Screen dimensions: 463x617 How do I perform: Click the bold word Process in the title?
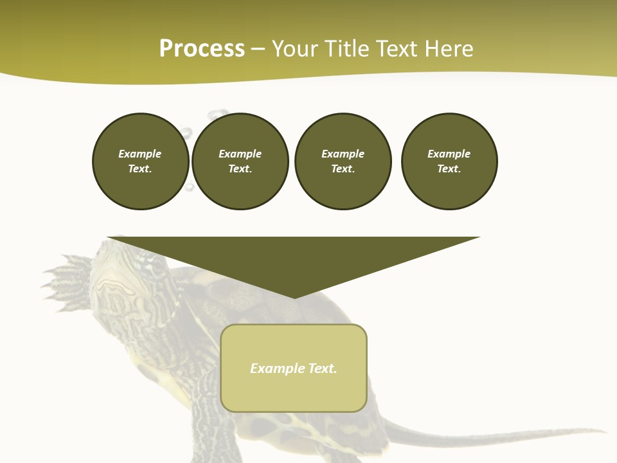coord(202,49)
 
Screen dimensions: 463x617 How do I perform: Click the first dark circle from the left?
coord(140,161)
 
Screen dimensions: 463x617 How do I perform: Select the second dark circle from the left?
coord(240,161)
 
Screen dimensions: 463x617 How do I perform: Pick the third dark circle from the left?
coord(343,161)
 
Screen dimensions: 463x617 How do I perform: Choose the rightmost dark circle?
coord(449,161)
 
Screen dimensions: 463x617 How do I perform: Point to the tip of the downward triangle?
coord(294,296)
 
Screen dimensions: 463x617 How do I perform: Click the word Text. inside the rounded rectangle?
coord(323,368)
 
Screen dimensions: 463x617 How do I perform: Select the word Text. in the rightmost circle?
coord(449,169)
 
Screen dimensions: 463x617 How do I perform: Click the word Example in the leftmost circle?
coord(140,154)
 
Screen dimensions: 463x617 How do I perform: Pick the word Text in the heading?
coord(396,49)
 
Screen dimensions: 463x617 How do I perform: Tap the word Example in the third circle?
coord(343,154)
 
